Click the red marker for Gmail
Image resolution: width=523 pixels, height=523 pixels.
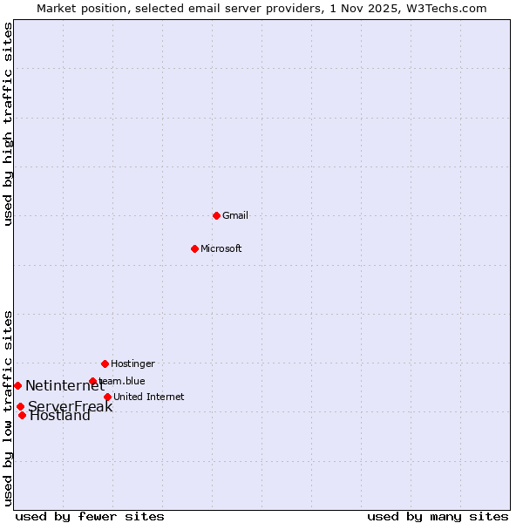click(216, 215)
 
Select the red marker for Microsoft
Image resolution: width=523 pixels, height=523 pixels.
click(194, 248)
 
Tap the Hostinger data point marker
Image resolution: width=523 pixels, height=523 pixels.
click(105, 363)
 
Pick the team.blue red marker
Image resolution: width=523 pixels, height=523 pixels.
click(92, 381)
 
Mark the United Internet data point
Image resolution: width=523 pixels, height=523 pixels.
click(107, 397)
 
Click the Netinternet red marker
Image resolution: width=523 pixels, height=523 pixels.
click(17, 385)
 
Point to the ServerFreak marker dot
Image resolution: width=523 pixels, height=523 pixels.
click(20, 406)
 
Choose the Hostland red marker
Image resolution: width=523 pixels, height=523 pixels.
click(22, 415)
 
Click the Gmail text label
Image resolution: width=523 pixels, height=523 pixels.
click(235, 215)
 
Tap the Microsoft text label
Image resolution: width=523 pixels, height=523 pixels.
click(221, 248)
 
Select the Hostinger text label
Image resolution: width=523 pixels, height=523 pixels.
click(132, 363)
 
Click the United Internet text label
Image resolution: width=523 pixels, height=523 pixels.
click(149, 397)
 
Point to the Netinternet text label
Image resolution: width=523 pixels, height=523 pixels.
click(65, 385)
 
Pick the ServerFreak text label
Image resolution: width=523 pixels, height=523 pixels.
click(70, 406)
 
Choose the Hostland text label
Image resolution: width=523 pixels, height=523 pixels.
click(60, 416)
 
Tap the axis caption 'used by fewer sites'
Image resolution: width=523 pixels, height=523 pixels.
click(90, 516)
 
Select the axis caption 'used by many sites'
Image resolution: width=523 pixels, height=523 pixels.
click(438, 516)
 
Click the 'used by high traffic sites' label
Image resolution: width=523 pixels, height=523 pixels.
click(8, 124)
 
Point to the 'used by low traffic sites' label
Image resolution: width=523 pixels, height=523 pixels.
click(8, 408)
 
